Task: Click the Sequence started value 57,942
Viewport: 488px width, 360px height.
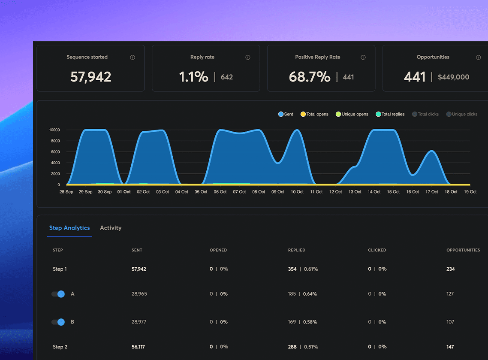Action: pyautogui.click(x=90, y=77)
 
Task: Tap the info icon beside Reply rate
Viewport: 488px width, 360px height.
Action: pyautogui.click(x=248, y=57)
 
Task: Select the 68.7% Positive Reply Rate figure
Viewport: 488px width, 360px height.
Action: pyautogui.click(x=310, y=77)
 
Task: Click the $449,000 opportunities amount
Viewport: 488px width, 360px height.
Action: pyautogui.click(x=453, y=77)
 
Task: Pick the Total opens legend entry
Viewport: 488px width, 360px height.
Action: pyautogui.click(x=314, y=114)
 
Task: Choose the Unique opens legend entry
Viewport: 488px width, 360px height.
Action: pyautogui.click(x=352, y=114)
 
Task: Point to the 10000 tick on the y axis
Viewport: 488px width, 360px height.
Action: pyautogui.click(x=54, y=130)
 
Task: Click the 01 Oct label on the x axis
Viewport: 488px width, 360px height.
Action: pyautogui.click(x=124, y=192)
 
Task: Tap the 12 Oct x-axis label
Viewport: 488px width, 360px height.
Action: pyautogui.click(x=336, y=192)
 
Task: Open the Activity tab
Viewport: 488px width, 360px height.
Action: pyautogui.click(x=111, y=228)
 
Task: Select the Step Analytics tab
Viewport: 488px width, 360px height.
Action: pyautogui.click(x=69, y=228)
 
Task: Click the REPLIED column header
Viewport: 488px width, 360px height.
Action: pyautogui.click(x=296, y=250)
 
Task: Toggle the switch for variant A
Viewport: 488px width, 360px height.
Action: pyautogui.click(x=58, y=294)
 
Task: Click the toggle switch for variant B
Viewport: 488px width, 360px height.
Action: pyautogui.click(x=58, y=322)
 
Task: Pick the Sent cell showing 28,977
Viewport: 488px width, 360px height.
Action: pyautogui.click(x=139, y=322)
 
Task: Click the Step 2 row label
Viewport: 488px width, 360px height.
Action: pyautogui.click(x=60, y=347)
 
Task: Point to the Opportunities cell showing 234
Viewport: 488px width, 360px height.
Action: pyautogui.click(x=450, y=269)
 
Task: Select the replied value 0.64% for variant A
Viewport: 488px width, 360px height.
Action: pyautogui.click(x=310, y=294)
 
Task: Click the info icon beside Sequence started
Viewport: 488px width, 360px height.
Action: pyautogui.click(x=133, y=57)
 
